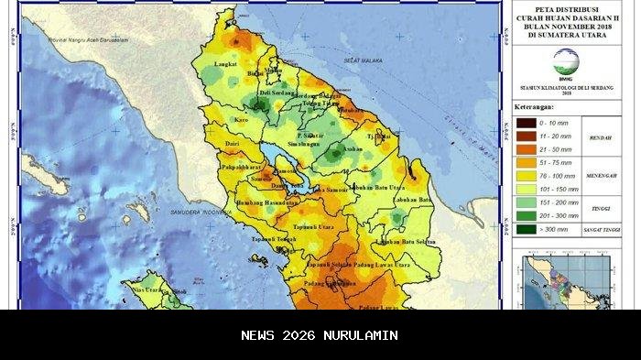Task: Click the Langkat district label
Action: (x=225, y=65)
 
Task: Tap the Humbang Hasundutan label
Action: (x=264, y=202)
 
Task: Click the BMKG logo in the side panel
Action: (x=566, y=62)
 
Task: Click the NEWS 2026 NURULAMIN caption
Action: (x=320, y=335)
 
